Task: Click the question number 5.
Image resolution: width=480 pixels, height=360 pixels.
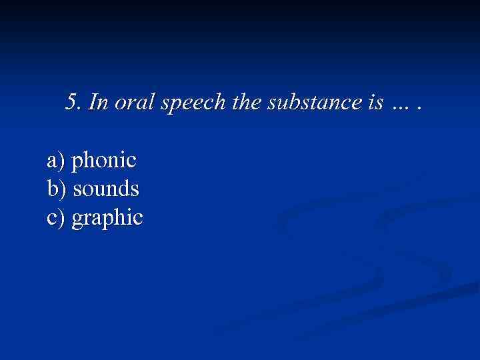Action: point(72,102)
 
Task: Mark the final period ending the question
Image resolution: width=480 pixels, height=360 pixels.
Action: point(419,107)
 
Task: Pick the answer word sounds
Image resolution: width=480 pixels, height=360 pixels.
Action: point(106,189)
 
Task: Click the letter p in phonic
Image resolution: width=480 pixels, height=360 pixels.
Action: point(77,163)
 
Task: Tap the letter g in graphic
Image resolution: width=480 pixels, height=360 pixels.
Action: point(77,221)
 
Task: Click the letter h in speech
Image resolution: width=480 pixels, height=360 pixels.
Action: point(213,102)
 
